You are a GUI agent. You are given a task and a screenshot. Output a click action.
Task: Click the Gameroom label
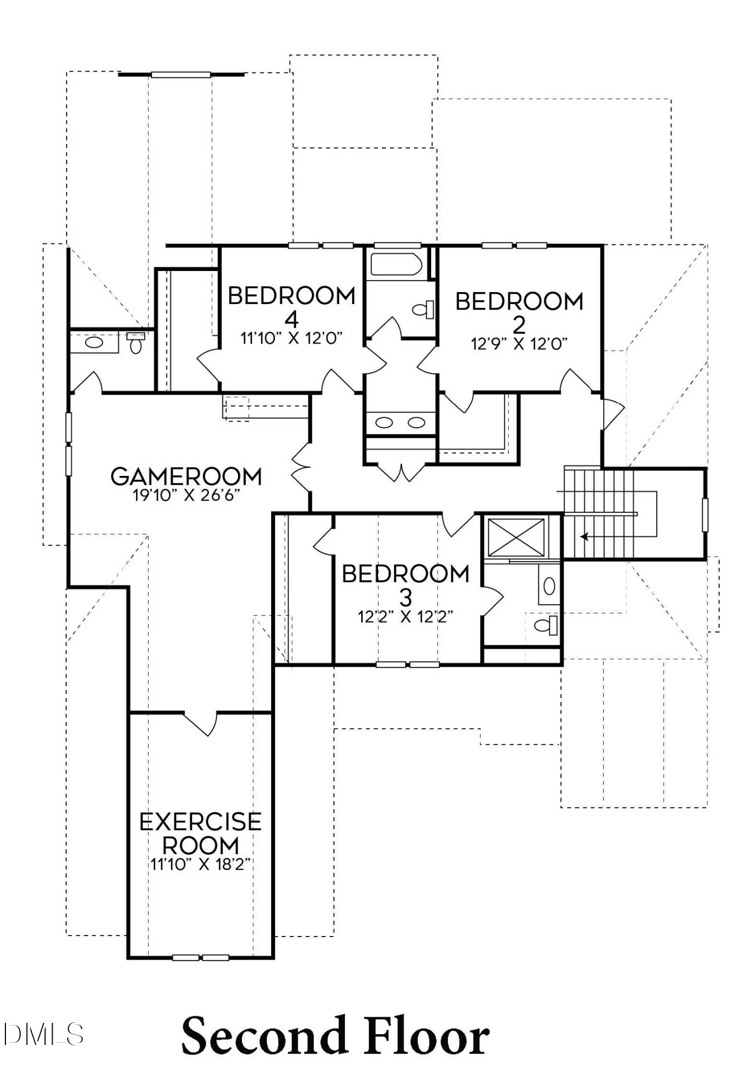[186, 476]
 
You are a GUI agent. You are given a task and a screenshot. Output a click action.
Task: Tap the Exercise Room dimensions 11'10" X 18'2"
[200, 864]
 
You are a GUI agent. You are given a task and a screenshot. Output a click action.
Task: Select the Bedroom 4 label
[292, 306]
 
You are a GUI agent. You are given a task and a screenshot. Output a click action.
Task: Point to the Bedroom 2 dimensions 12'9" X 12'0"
[519, 344]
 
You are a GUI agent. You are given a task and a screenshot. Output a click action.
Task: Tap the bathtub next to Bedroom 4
[396, 265]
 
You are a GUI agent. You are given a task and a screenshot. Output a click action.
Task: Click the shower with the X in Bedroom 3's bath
[516, 537]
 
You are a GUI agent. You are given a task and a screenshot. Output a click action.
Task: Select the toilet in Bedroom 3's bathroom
[546, 625]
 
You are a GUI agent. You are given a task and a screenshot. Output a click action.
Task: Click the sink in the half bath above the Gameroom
[94, 343]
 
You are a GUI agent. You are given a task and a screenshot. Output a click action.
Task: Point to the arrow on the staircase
[585, 537]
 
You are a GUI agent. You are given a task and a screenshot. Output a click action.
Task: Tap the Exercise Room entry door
[200, 723]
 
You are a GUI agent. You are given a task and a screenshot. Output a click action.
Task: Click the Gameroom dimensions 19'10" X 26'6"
[186, 495]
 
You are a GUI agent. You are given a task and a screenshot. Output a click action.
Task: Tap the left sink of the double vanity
[384, 422]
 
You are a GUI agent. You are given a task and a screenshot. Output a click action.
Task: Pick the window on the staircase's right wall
[705, 514]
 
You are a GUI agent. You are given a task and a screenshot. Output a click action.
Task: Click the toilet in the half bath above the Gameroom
[136, 344]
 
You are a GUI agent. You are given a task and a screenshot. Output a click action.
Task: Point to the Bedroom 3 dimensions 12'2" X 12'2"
[405, 617]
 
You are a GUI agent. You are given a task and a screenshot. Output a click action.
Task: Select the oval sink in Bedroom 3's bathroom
[549, 585]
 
